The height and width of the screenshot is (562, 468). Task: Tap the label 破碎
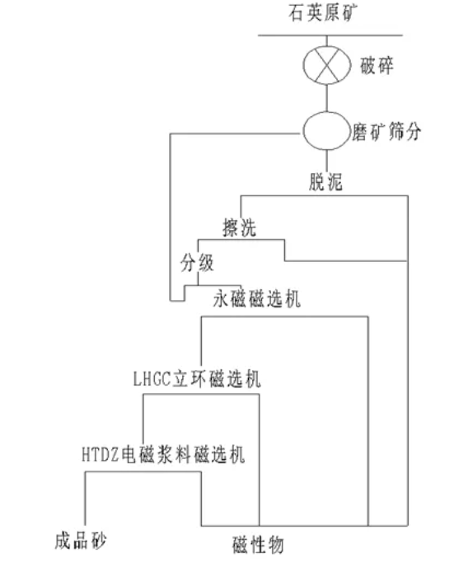coord(377,63)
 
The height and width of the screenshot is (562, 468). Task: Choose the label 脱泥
coord(322,182)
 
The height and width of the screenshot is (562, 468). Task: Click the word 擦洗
coord(239,224)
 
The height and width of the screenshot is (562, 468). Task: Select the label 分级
coord(198,264)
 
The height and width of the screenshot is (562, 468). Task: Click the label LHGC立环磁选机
coord(197,379)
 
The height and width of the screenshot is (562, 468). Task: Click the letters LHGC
coord(150,379)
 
